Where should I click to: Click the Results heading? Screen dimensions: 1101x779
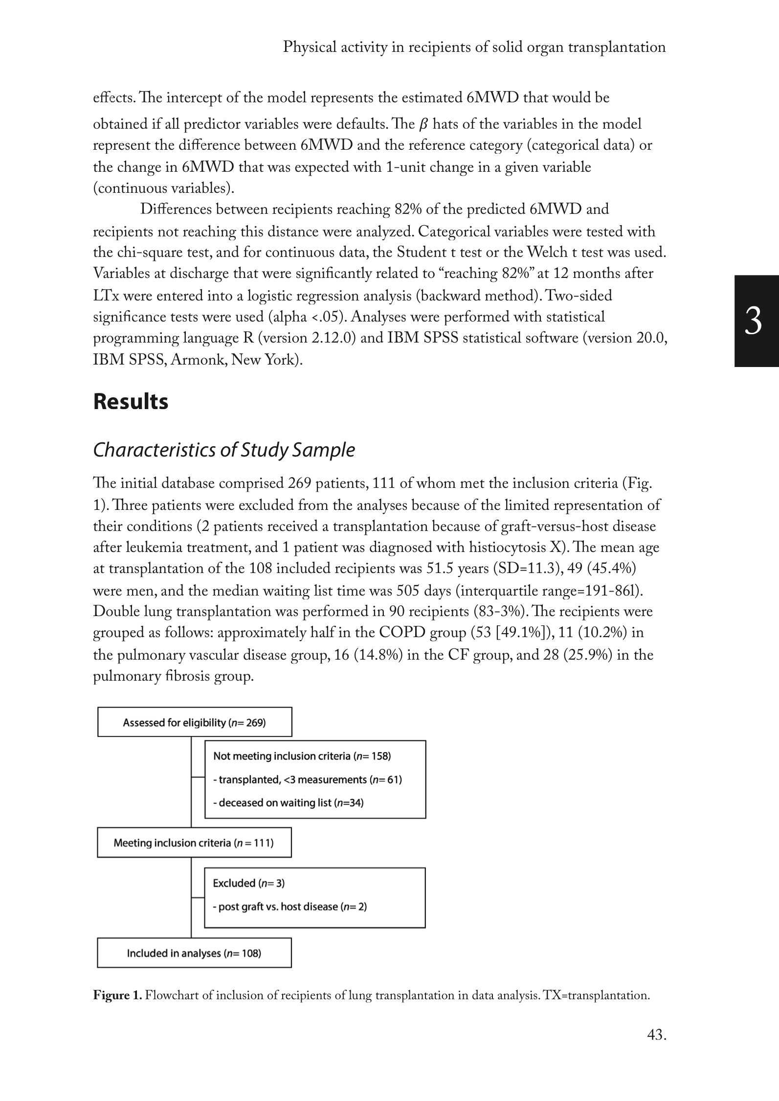pos(131,402)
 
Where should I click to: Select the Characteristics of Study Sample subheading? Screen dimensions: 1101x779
pos(223,450)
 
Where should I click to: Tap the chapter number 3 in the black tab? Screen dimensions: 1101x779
pos(753,321)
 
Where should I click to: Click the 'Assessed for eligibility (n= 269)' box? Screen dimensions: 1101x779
pos(195,722)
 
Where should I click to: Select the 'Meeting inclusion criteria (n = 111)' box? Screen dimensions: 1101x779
pos(194,843)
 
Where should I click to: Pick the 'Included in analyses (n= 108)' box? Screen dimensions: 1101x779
pos(194,953)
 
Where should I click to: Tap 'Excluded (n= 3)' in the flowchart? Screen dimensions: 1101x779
pos(249,883)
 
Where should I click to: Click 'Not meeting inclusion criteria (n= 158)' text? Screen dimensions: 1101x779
pos(302,756)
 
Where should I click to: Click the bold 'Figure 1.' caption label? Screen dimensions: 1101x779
pos(117,995)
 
